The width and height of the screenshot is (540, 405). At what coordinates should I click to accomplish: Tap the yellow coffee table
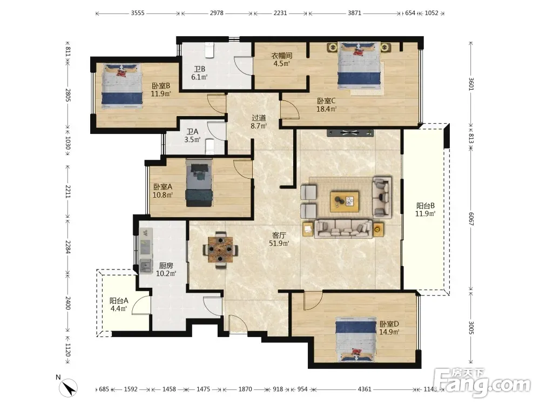(x=345, y=201)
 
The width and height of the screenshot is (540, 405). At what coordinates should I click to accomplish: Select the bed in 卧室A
(x=199, y=183)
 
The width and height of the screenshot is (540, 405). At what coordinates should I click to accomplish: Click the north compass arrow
(x=69, y=388)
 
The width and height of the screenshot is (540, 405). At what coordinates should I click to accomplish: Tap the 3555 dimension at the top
(x=138, y=13)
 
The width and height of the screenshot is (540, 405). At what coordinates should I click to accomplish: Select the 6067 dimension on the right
(x=471, y=219)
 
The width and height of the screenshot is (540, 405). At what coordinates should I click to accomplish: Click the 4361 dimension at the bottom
(x=364, y=389)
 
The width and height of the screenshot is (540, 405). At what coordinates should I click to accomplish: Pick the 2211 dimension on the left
(x=68, y=192)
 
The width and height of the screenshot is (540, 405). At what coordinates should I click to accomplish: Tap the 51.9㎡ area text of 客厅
(x=279, y=244)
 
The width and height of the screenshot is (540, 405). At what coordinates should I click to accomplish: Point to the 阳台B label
(x=426, y=206)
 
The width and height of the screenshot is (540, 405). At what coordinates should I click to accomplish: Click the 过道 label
(x=259, y=118)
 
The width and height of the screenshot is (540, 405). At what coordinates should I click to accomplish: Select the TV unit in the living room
(x=350, y=133)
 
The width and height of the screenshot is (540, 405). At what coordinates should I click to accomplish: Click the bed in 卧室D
(x=356, y=340)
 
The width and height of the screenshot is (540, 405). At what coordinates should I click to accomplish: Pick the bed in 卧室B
(x=122, y=86)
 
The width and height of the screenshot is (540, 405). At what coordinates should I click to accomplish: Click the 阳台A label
(x=119, y=301)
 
